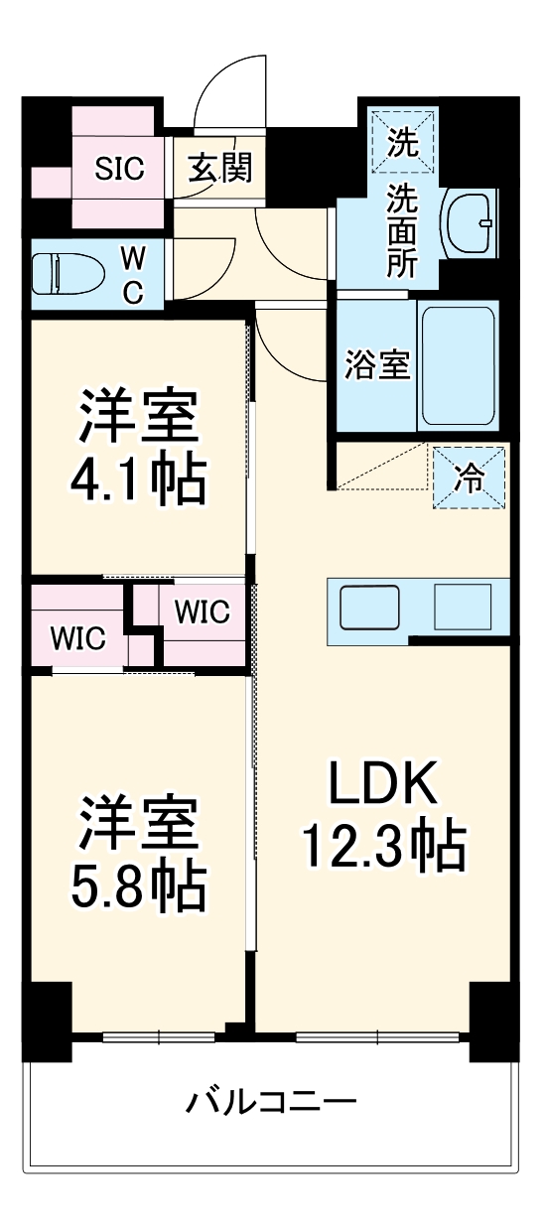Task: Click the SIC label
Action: [119, 169]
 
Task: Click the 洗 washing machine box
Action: [402, 142]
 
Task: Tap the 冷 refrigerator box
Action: [469, 477]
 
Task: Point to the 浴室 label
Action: [377, 364]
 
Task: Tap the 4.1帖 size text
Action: [138, 479]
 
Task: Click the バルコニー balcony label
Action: [271, 1102]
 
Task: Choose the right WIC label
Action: [202, 611]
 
